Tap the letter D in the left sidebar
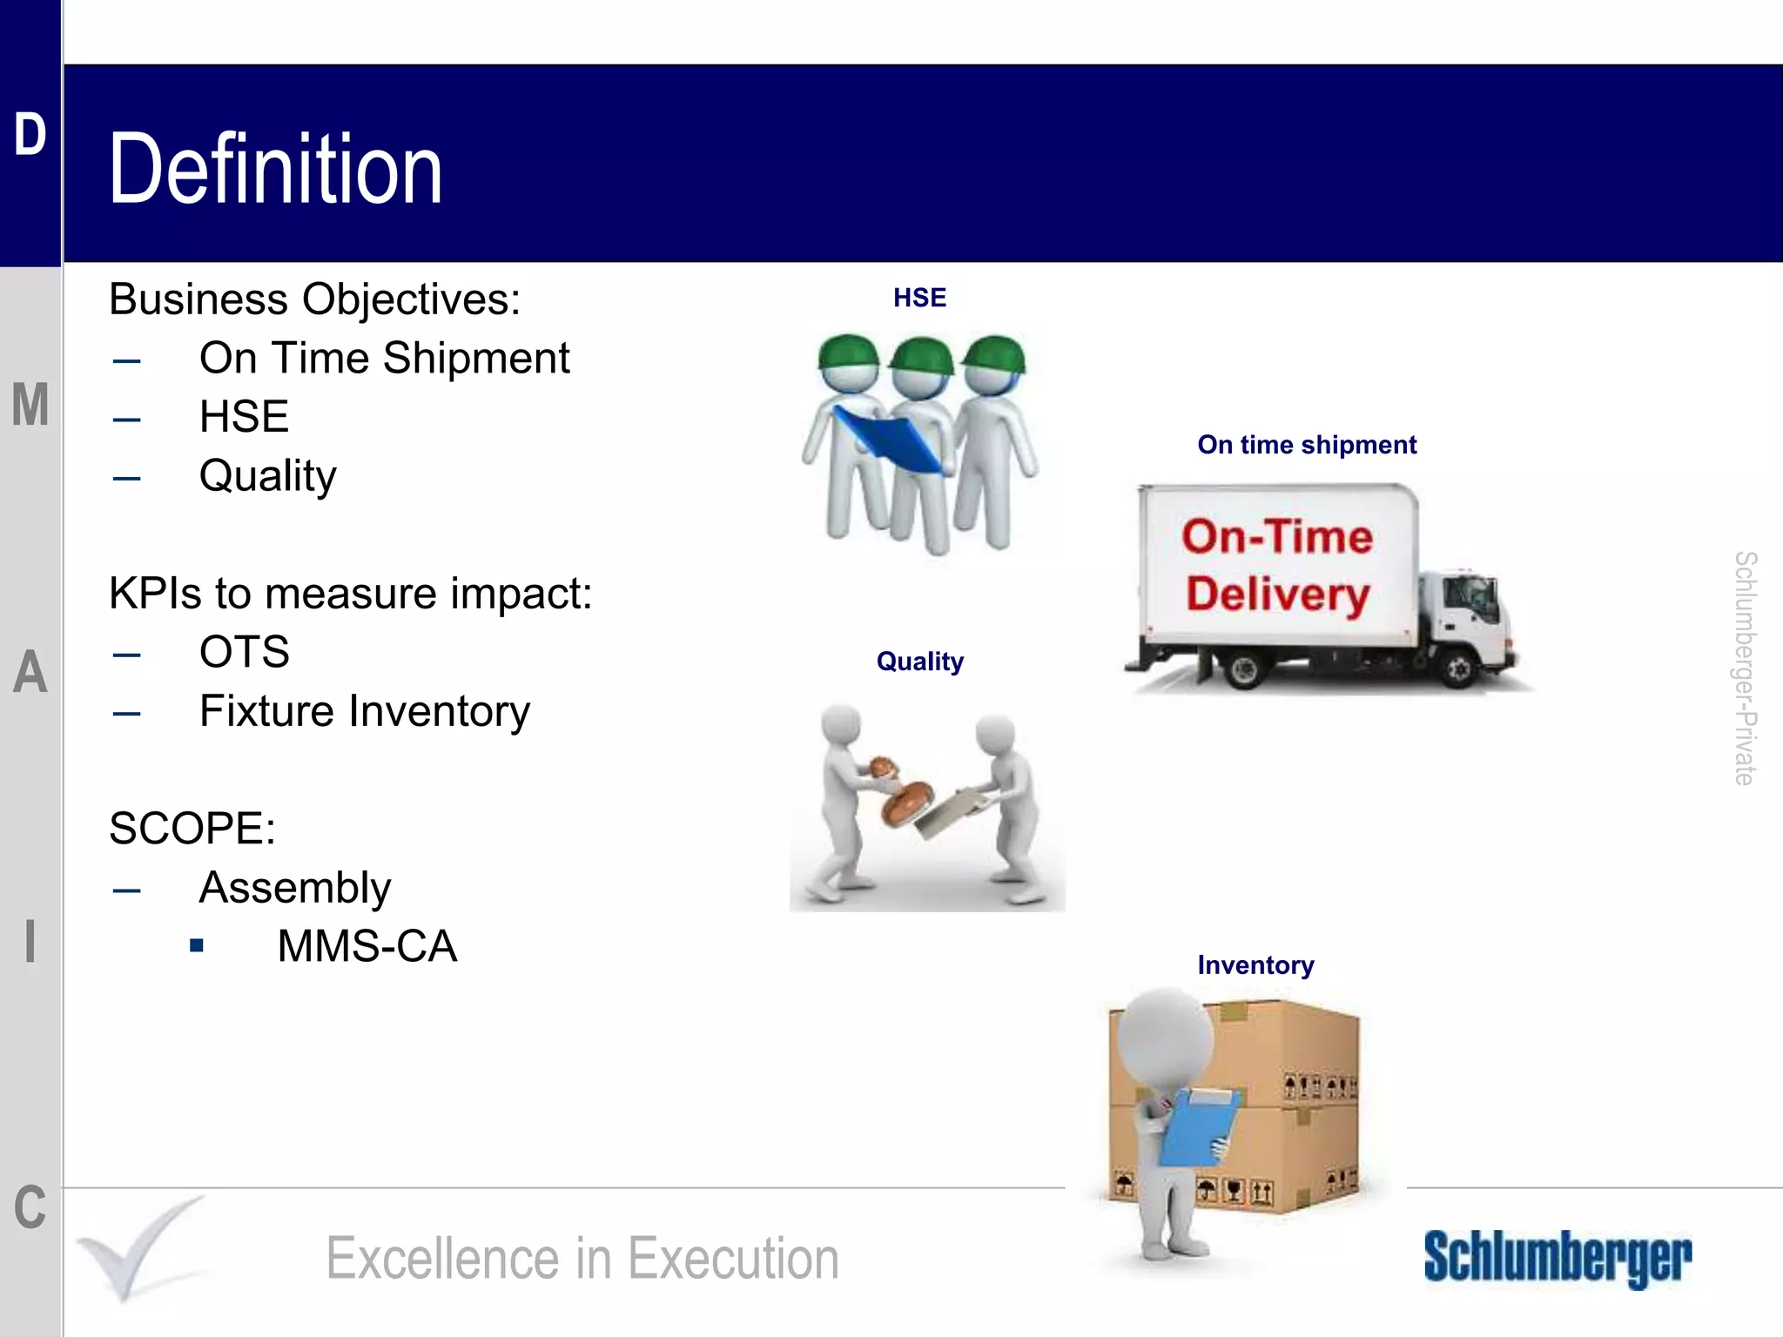click(x=30, y=136)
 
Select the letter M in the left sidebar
click(x=30, y=405)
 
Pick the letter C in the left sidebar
click(x=30, y=1208)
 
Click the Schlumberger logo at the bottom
click(x=1558, y=1257)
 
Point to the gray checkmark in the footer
click(x=139, y=1249)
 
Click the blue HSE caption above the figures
click(x=919, y=298)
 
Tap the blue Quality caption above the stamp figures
click(x=919, y=662)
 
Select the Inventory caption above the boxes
click(x=1255, y=965)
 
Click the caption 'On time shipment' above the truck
click(x=1307, y=445)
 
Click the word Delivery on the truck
click(x=1277, y=595)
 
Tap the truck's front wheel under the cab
click(x=1458, y=668)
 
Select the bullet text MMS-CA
click(x=367, y=946)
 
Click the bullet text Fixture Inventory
click(x=364, y=711)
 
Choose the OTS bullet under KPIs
click(x=244, y=652)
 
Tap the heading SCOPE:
click(x=192, y=828)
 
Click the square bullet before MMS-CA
click(x=197, y=945)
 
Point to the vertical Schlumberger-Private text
click(x=1745, y=668)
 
